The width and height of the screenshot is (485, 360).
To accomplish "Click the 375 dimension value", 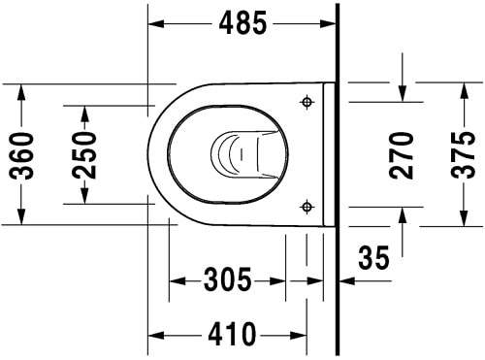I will pyautogui.click(x=464, y=153).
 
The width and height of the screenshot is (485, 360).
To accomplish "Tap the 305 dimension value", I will pyautogui.click(x=228, y=281).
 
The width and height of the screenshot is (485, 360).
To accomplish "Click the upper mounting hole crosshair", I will pyautogui.click(x=307, y=102).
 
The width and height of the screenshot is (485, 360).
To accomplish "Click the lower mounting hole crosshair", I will pyautogui.click(x=307, y=205).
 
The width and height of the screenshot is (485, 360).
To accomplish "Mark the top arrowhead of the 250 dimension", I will pyautogui.click(x=86, y=110).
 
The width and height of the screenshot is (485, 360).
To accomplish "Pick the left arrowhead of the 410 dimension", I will pyautogui.click(x=155, y=336).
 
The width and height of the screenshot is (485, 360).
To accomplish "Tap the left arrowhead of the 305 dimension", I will pyautogui.click(x=177, y=281).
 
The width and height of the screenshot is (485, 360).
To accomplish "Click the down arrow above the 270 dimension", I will pyautogui.click(x=403, y=93).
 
